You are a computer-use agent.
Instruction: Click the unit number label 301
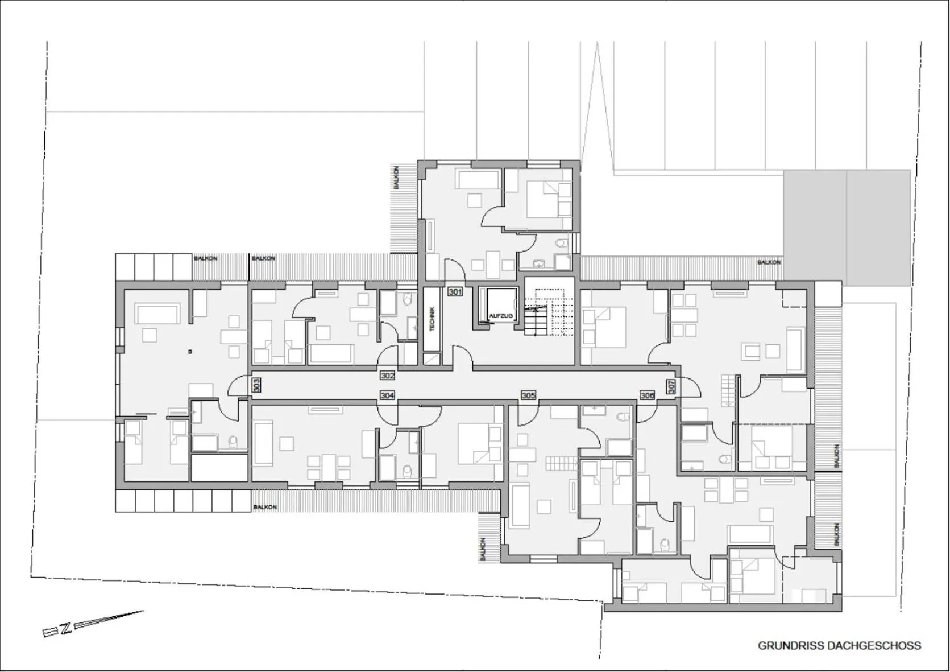tap(455, 292)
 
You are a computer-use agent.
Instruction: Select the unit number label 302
tap(387, 376)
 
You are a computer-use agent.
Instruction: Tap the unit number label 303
tap(256, 385)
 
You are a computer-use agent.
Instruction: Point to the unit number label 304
tap(387, 395)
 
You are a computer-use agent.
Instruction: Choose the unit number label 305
tap(528, 395)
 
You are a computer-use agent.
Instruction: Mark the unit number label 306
tap(647, 395)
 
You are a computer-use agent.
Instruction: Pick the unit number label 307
tap(671, 387)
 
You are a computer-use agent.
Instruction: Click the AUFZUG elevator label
tap(500, 316)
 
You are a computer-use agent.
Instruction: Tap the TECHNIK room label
tap(432, 319)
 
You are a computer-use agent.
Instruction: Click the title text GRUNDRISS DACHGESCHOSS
tap(839, 646)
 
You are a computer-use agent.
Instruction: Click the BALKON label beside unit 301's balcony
tap(396, 178)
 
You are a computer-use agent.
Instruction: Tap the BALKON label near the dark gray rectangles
tap(769, 262)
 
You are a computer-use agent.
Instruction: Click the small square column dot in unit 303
tap(192, 352)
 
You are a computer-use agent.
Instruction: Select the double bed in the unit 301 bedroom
tap(548, 199)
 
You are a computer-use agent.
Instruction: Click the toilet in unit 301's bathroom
tap(562, 244)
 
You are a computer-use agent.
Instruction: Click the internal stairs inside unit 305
tap(561, 463)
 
